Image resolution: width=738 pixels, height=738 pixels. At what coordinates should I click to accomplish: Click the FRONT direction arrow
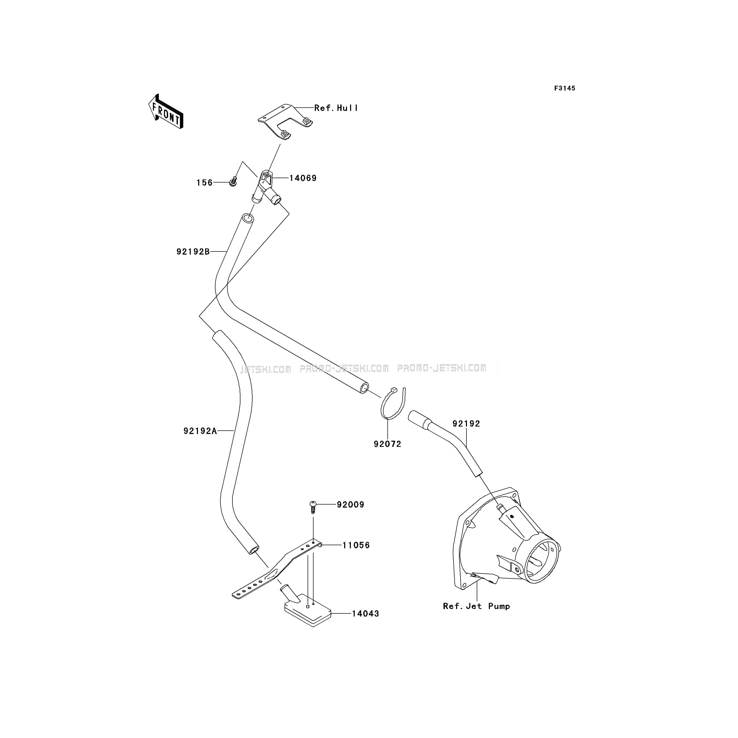166,111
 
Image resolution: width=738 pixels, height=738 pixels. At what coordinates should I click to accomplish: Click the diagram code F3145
564,88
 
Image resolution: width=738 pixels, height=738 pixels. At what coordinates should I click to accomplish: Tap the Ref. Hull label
336,108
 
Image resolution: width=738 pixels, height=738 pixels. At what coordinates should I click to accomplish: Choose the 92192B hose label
193,252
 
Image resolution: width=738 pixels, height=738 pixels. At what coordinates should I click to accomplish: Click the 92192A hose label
200,431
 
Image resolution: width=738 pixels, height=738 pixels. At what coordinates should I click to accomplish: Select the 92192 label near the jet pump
466,424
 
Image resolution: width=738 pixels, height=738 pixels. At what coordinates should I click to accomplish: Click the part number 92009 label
350,505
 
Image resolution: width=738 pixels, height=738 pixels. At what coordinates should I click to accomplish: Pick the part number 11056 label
356,545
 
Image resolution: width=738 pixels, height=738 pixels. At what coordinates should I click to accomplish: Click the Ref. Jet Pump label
476,606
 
